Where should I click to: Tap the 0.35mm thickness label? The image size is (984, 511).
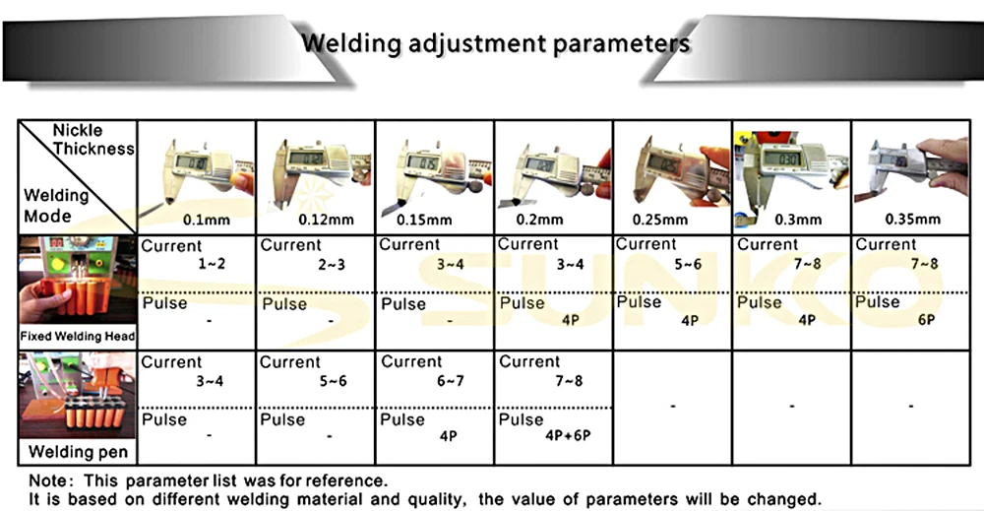[x=912, y=219]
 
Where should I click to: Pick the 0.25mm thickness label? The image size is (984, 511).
[x=675, y=219]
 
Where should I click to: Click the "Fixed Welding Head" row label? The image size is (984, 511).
[x=77, y=337]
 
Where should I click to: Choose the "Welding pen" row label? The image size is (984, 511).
[x=77, y=453]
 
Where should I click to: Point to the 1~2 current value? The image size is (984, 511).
[x=212, y=264]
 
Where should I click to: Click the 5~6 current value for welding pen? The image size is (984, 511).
[x=331, y=381]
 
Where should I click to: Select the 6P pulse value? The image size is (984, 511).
[x=926, y=321]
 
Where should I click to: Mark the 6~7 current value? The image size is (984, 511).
[x=450, y=381]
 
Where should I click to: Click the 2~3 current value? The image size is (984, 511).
[x=331, y=264]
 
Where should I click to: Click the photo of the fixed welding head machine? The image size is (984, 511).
[x=77, y=281]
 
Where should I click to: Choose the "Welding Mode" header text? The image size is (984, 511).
[x=56, y=204]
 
